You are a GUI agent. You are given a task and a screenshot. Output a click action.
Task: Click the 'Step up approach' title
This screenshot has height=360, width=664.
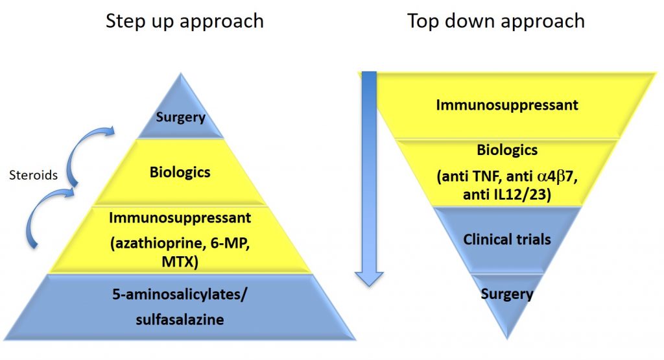pos(185,21)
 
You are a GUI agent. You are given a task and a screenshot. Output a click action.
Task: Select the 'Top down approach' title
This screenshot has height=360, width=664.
pos(496,21)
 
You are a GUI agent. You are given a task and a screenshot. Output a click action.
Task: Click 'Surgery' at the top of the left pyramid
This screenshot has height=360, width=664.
pos(180,117)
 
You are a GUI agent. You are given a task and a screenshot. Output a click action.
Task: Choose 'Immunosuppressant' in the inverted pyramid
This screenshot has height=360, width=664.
pos(506,104)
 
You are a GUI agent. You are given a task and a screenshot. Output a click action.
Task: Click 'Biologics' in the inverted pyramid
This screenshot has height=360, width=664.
pos(506,150)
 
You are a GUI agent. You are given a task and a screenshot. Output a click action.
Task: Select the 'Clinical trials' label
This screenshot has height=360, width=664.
pos(506,239)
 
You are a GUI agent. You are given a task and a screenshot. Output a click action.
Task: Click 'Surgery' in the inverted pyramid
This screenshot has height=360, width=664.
pos(506,294)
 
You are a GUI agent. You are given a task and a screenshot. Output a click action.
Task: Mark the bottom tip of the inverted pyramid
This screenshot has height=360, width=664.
pos(507,338)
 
